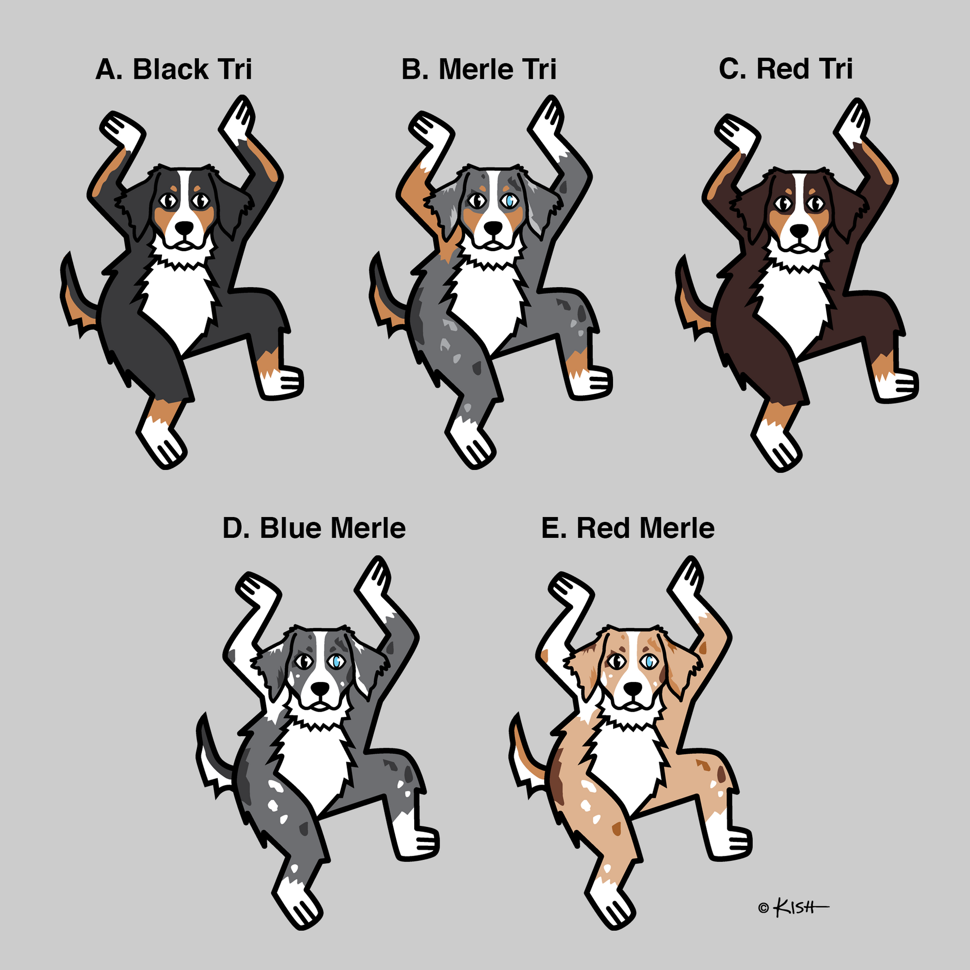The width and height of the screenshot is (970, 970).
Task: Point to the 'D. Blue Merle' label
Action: point(314,528)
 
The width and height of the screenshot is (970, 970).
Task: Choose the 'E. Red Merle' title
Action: point(628,528)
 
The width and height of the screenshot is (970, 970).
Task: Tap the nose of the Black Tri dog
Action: point(185,228)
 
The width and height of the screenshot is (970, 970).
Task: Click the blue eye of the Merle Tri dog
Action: point(510,201)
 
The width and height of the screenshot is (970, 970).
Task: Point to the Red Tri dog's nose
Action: point(799,230)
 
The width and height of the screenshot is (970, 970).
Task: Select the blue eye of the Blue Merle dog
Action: point(335,662)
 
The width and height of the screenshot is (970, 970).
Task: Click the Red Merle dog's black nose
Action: point(633,689)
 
